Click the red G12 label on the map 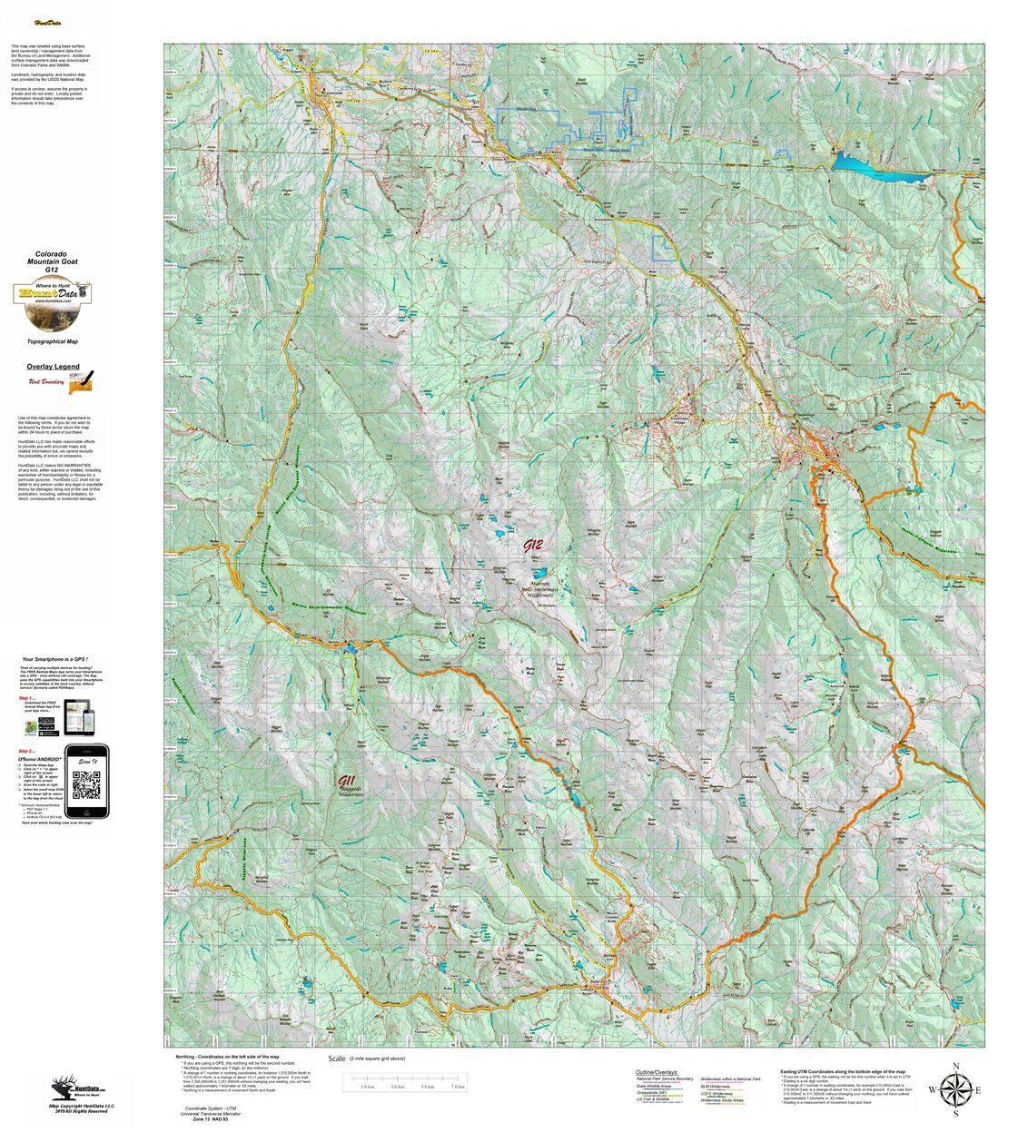click(x=533, y=546)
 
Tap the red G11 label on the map click(x=346, y=782)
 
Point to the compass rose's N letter click(x=954, y=1067)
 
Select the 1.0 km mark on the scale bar click(x=367, y=1086)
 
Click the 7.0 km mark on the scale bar click(x=458, y=1086)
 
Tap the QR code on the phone click(x=85, y=782)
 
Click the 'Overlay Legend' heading click(x=53, y=367)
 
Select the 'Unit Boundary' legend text click(x=46, y=382)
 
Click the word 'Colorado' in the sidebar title click(x=52, y=254)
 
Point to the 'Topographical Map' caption click(x=53, y=341)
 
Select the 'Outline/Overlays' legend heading click(x=657, y=1072)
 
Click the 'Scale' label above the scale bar click(x=337, y=1058)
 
